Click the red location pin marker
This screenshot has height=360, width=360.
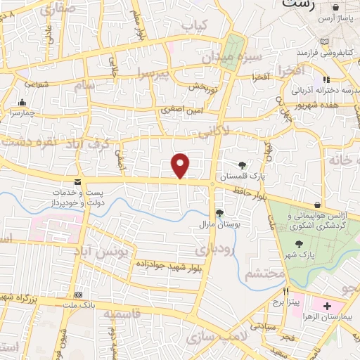(x=181, y=166)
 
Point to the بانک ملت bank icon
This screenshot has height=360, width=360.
(x=79, y=295)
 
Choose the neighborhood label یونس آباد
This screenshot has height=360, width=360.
(x=103, y=250)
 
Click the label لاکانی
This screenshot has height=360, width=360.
(x=213, y=130)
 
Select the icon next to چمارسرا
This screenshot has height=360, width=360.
(x=22, y=102)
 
